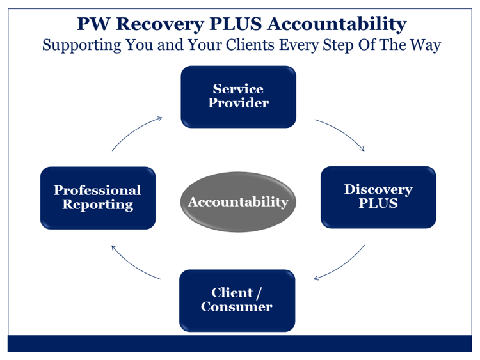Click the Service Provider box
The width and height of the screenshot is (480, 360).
click(x=239, y=97)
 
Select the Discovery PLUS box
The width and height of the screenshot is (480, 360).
click(x=378, y=198)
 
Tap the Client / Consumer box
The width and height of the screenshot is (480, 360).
click(x=237, y=301)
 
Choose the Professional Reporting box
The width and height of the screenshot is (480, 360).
click(x=98, y=198)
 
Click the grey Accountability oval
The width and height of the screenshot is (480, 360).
click(x=238, y=202)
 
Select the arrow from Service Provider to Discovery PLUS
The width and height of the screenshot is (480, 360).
click(x=342, y=132)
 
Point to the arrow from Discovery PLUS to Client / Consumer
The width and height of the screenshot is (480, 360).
click(x=343, y=265)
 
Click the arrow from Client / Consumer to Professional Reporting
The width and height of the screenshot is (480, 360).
click(x=133, y=265)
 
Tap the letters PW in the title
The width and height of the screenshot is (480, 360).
click(x=93, y=24)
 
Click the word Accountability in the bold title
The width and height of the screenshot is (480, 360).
click(x=337, y=24)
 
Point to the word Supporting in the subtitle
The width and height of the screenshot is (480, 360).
click(x=82, y=45)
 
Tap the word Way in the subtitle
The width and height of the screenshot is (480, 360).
click(x=426, y=45)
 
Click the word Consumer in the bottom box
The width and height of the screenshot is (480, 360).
click(x=237, y=307)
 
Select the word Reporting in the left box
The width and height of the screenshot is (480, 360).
click(x=98, y=205)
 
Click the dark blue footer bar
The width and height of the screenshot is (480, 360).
click(x=240, y=343)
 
